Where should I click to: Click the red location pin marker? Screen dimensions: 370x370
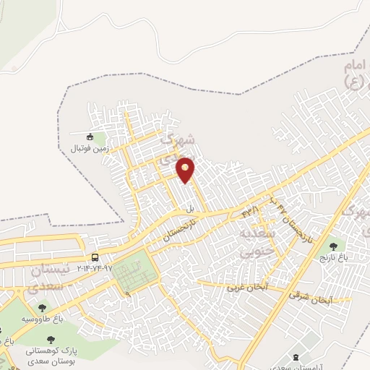click(x=186, y=170)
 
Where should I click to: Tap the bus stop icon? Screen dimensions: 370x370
click(x=95, y=258)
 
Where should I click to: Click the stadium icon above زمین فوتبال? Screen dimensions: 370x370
click(x=90, y=137)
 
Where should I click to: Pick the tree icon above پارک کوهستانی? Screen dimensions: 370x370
click(x=51, y=338)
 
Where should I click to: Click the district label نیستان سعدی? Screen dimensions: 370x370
click(x=51, y=278)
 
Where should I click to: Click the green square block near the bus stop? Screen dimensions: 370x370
click(x=134, y=270)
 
